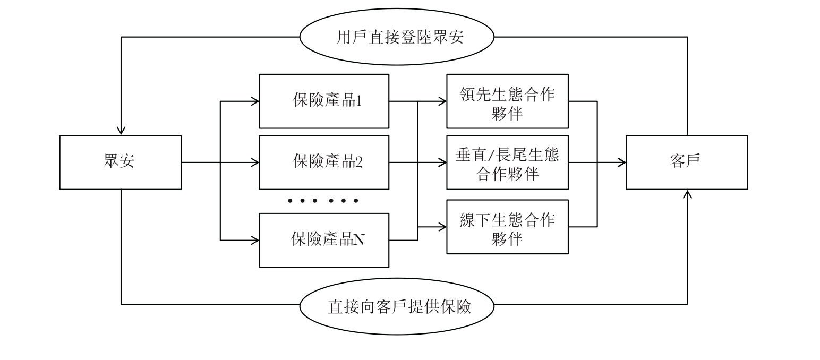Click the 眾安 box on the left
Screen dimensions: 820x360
tap(121, 162)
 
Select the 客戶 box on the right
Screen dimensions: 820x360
tap(687, 162)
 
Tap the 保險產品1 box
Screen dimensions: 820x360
tap(324, 101)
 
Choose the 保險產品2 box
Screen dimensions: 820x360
tap(324, 162)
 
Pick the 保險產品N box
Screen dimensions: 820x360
tap(324, 241)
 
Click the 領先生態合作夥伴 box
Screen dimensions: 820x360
tap(507, 101)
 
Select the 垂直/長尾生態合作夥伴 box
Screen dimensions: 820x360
tap(507, 162)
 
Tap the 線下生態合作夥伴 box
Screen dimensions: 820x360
tap(507, 227)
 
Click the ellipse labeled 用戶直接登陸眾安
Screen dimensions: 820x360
tap(397, 37)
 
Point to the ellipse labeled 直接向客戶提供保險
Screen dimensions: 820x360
tap(397, 306)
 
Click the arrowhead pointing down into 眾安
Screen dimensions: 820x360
tap(121, 131)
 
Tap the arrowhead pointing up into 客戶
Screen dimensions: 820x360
tap(687, 194)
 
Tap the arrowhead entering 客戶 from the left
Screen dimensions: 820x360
tap(621, 162)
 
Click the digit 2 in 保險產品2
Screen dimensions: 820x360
tap(359, 162)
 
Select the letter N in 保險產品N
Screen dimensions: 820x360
tap(359, 240)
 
